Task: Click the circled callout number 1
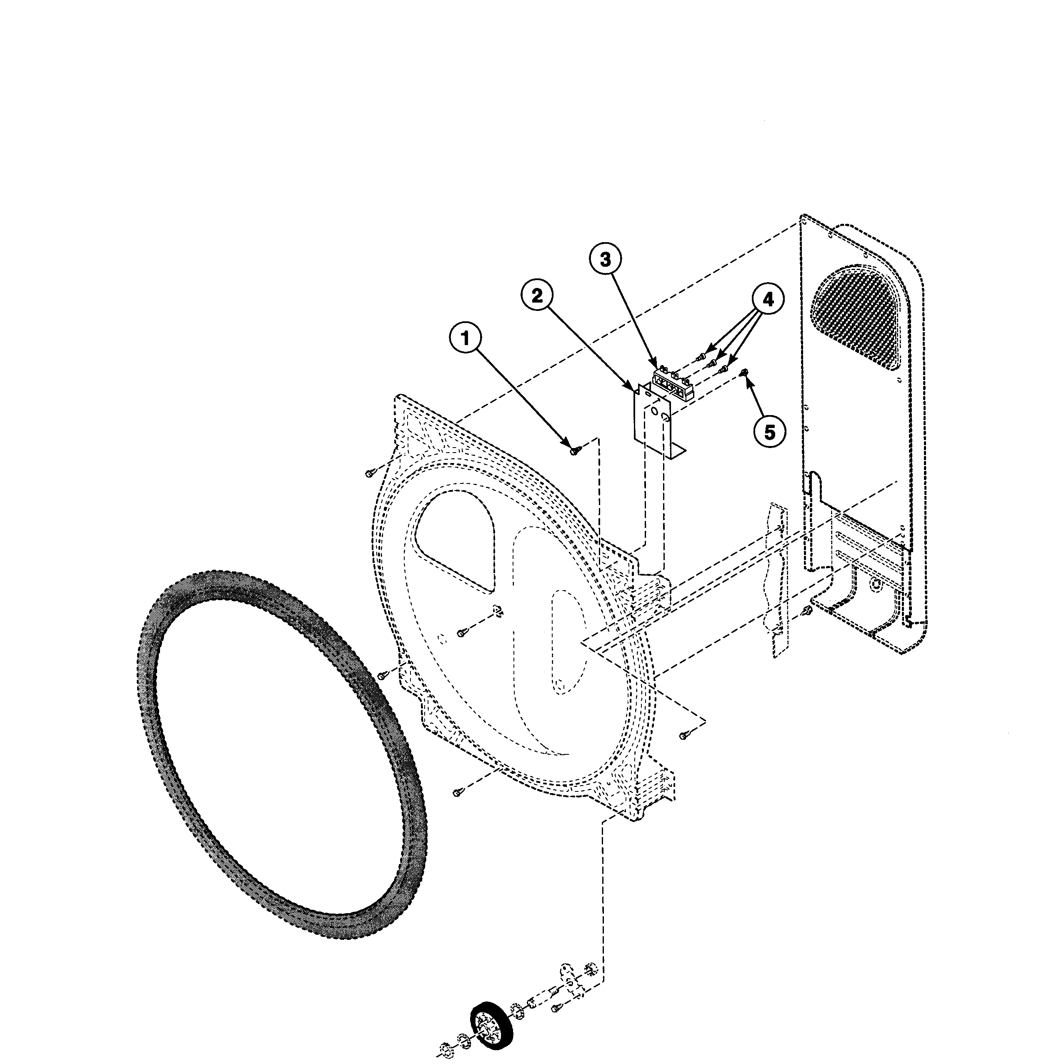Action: click(x=466, y=338)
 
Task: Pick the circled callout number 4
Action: click(x=768, y=300)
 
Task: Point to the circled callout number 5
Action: click(x=769, y=432)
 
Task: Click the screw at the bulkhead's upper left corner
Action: click(x=371, y=473)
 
